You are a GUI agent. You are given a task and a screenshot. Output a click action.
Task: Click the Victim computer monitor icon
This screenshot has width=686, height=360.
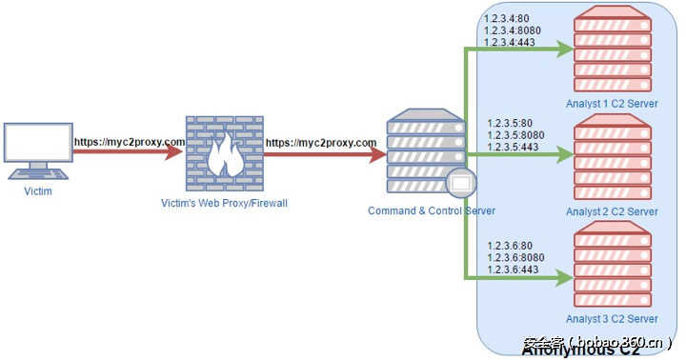pos(38,145)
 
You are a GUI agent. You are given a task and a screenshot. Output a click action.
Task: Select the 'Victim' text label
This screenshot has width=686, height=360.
pos(38,191)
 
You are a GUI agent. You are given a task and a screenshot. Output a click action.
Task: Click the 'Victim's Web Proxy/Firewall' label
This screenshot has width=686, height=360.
pos(223,203)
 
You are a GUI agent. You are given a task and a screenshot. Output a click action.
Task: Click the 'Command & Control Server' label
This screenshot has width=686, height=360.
pos(432,210)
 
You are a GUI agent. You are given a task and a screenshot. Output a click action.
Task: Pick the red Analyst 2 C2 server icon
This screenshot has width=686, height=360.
pos(612,155)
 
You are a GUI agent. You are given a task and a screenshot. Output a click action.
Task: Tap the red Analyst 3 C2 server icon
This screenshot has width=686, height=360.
pos(612,263)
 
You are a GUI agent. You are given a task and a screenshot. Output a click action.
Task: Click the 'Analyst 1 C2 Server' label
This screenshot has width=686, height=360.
pos(612,104)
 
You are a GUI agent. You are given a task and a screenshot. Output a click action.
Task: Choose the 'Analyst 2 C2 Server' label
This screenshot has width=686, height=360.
pos(612,211)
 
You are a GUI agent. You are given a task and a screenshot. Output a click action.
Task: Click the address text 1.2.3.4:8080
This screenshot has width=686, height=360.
pos(515,30)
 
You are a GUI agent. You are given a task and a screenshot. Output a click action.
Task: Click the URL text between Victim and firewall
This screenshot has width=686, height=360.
pos(130,142)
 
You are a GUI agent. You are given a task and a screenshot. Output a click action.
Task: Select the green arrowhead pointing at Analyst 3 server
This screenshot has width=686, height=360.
pos(566,279)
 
